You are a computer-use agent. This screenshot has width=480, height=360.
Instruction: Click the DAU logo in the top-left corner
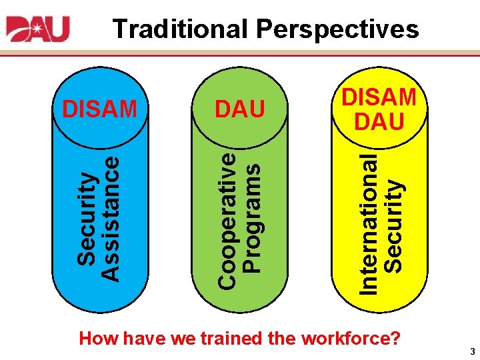[x=38, y=29]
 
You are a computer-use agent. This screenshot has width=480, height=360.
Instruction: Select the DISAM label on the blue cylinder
[x=99, y=109]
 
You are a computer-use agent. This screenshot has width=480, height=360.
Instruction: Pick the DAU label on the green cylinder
[x=239, y=109]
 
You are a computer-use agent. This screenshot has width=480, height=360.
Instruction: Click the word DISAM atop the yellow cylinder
[x=379, y=97]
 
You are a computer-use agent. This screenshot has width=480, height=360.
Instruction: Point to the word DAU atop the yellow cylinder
[x=379, y=122]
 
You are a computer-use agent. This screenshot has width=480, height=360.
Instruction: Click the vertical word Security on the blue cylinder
[x=85, y=217]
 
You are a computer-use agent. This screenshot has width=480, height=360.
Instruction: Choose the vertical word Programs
[x=251, y=219]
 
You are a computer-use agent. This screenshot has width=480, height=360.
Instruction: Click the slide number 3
[x=471, y=351]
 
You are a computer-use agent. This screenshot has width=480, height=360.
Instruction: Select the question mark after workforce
[x=395, y=338]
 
